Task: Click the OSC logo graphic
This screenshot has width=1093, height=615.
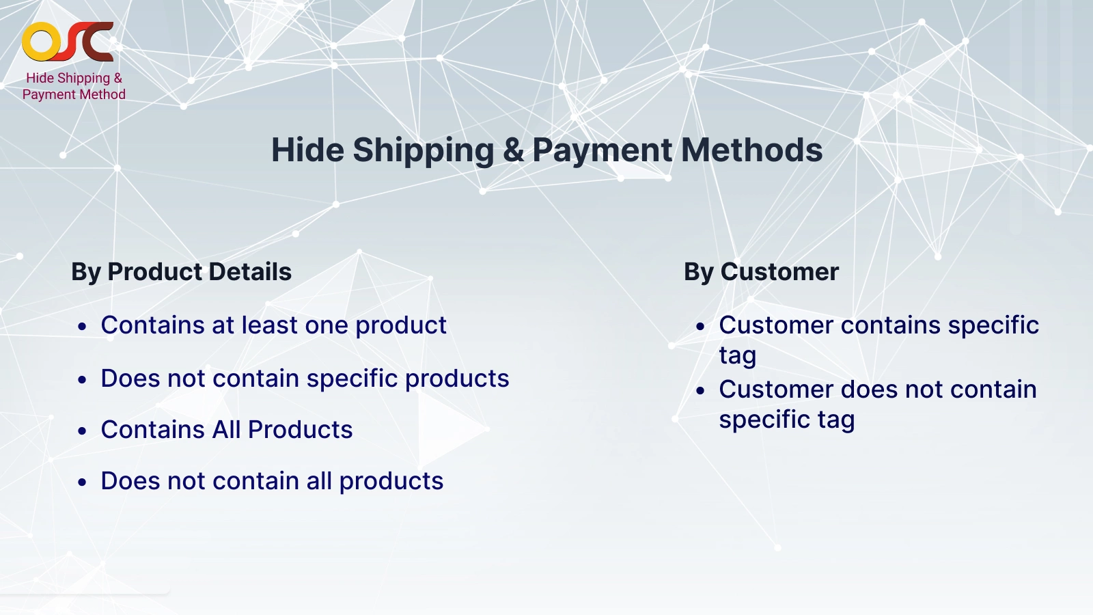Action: click(68, 42)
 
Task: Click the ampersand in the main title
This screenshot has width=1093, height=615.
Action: click(513, 150)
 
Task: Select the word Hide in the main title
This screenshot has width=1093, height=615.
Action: click(307, 150)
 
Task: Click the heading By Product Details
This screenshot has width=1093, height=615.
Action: click(181, 272)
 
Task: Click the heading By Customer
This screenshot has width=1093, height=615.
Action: click(761, 272)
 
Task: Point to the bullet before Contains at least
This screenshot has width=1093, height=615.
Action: click(83, 327)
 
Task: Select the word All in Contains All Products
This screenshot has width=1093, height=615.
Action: click(226, 430)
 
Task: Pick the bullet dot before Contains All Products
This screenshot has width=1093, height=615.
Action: click(83, 431)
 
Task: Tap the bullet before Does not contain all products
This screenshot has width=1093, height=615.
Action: click(83, 482)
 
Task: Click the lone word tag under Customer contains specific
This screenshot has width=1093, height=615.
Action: click(737, 356)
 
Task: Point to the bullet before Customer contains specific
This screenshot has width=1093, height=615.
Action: click(700, 327)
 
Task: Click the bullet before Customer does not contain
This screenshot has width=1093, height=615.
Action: click(700, 391)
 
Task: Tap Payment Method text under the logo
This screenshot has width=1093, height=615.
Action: click(74, 94)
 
